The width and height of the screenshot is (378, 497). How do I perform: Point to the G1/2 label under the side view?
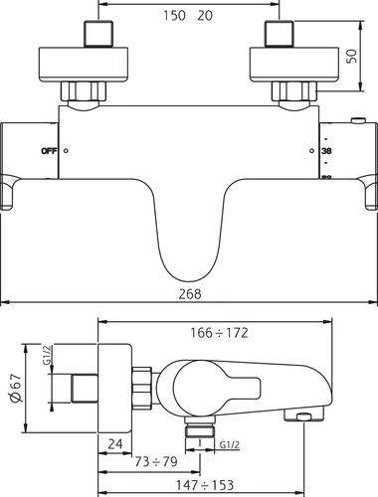228,445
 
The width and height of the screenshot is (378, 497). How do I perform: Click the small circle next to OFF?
66,150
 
